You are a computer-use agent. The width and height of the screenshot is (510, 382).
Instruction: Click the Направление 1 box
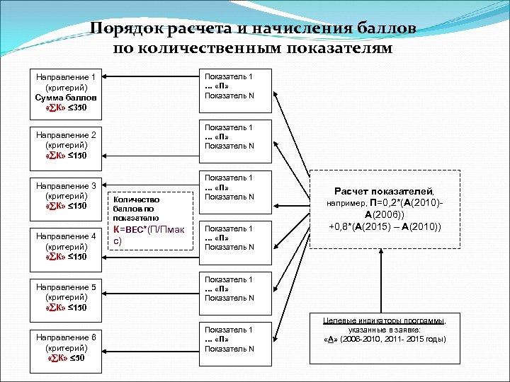point(67,91)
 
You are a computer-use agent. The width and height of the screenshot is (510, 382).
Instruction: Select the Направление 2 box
point(67,144)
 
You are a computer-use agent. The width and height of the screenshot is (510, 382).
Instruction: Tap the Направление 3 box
point(67,195)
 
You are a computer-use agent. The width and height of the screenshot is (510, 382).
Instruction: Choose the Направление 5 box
point(67,298)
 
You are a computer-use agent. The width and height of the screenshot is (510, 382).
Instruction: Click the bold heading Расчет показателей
point(385,191)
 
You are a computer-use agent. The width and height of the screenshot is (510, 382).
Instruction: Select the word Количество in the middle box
point(131,200)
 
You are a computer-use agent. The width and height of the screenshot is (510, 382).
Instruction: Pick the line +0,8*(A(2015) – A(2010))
point(385,226)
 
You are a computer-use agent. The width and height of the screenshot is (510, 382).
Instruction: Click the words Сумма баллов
point(67,97)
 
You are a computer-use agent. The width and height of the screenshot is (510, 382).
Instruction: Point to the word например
point(345,204)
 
